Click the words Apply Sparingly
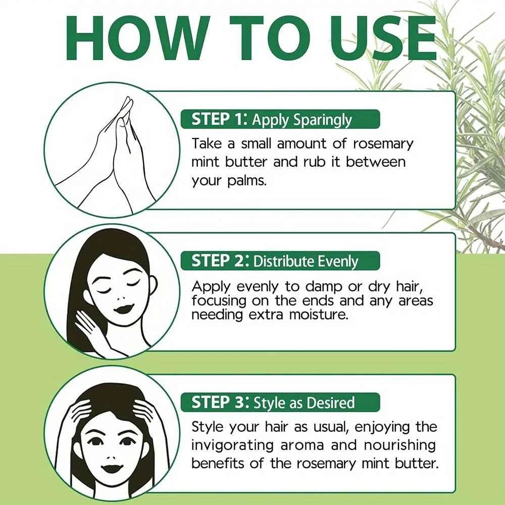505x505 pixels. point(301,120)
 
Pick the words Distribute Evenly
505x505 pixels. point(306,261)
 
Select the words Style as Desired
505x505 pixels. point(304,402)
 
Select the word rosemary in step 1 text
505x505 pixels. point(382,143)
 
